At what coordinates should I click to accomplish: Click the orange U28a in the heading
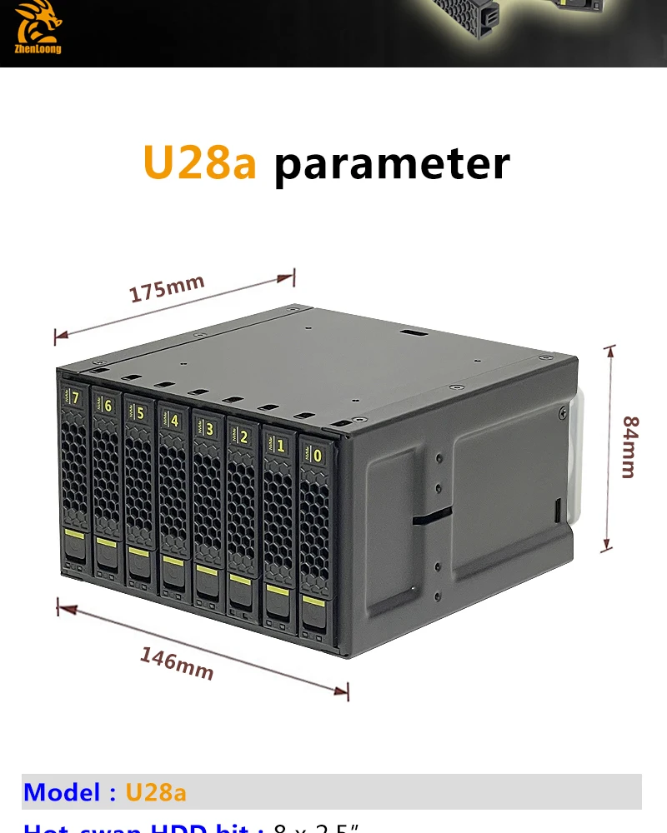click(199, 162)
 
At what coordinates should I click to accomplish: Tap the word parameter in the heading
click(391, 164)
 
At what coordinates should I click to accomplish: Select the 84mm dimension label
click(628, 446)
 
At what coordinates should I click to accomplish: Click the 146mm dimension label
click(176, 664)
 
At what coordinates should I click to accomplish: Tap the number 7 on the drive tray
click(76, 398)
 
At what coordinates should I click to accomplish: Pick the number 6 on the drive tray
click(108, 404)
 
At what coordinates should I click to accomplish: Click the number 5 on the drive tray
click(140, 412)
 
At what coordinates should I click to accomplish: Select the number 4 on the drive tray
click(173, 420)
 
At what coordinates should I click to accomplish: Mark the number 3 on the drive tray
click(208, 428)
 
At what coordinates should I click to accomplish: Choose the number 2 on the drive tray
click(243, 436)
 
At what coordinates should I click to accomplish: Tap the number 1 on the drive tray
click(280, 446)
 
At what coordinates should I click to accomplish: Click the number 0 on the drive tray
click(317, 455)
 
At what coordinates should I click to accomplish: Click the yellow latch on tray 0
click(314, 601)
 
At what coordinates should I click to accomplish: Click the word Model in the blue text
click(63, 791)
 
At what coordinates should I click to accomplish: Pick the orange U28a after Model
click(156, 791)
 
